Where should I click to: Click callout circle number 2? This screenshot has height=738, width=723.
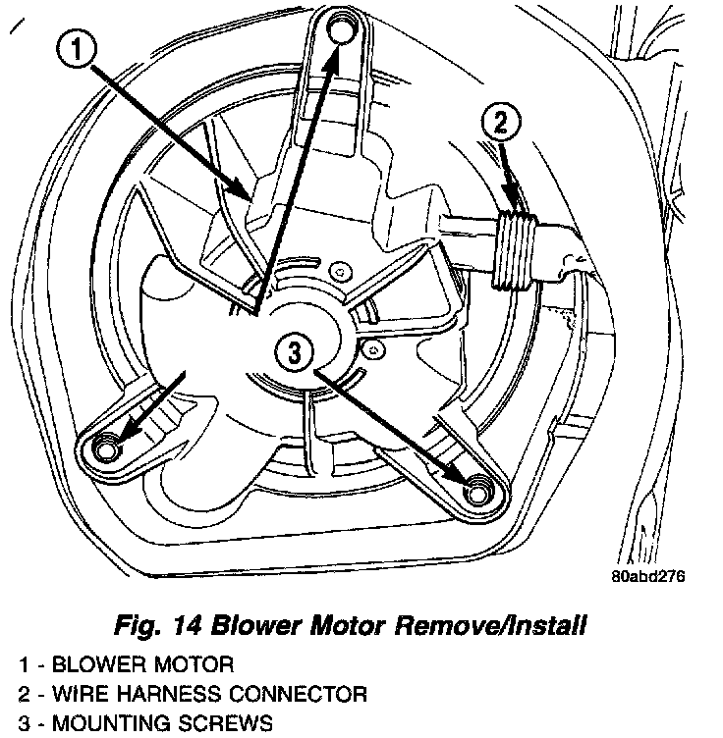coord(501,124)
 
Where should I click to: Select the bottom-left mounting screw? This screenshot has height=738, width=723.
coord(105,448)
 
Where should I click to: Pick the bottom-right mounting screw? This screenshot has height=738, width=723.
coord(479,489)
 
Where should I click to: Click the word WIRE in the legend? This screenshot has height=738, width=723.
coord(82,695)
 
